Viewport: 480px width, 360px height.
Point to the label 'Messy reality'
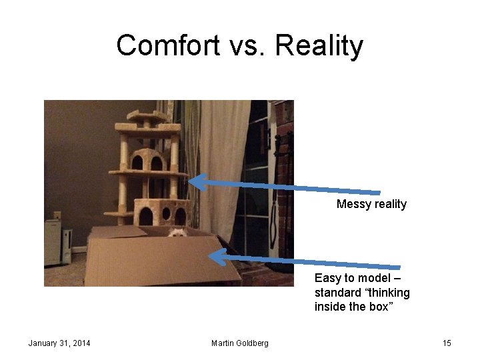(x=371, y=204)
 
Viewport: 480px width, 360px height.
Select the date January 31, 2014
(x=59, y=343)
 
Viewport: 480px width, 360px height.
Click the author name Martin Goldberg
(x=240, y=343)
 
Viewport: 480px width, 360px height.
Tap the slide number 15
(x=447, y=343)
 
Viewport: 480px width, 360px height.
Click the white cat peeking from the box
(x=177, y=233)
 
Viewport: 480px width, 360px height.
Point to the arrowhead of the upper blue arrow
(x=194, y=179)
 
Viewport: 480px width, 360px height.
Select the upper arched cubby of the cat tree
(x=147, y=160)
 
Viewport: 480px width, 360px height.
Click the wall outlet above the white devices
(x=57, y=215)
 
